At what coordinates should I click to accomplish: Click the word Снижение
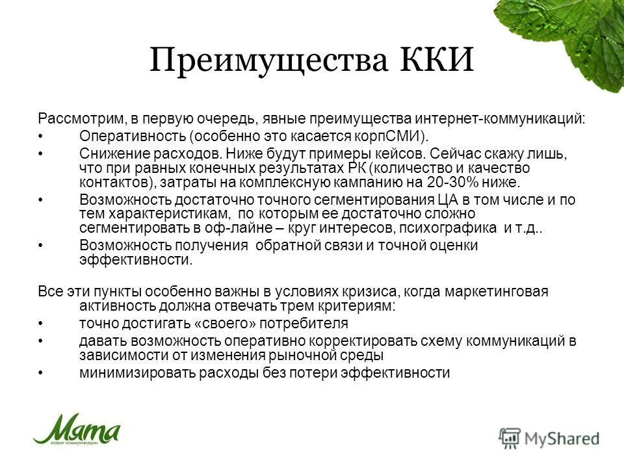pyautogui.click(x=110, y=154)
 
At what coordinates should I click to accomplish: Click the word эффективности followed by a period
pyautogui.click(x=136, y=259)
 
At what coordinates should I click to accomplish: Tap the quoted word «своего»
pyautogui.click(x=216, y=323)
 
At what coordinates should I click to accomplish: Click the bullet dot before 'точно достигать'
pyautogui.click(x=41, y=323)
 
